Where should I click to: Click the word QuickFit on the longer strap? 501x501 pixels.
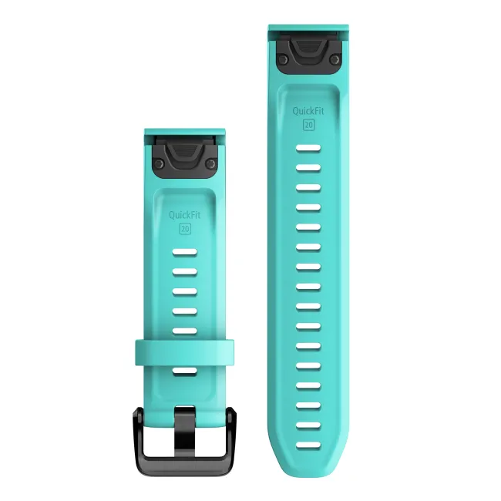307,110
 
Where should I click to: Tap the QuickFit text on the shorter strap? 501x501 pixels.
185,215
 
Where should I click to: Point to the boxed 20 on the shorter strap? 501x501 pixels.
185,229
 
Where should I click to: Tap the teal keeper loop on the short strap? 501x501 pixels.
185,351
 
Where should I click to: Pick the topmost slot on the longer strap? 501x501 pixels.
308,146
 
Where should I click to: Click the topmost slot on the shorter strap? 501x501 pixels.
185,252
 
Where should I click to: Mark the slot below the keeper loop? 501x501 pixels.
185,372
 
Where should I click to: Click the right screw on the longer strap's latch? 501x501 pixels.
333,59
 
